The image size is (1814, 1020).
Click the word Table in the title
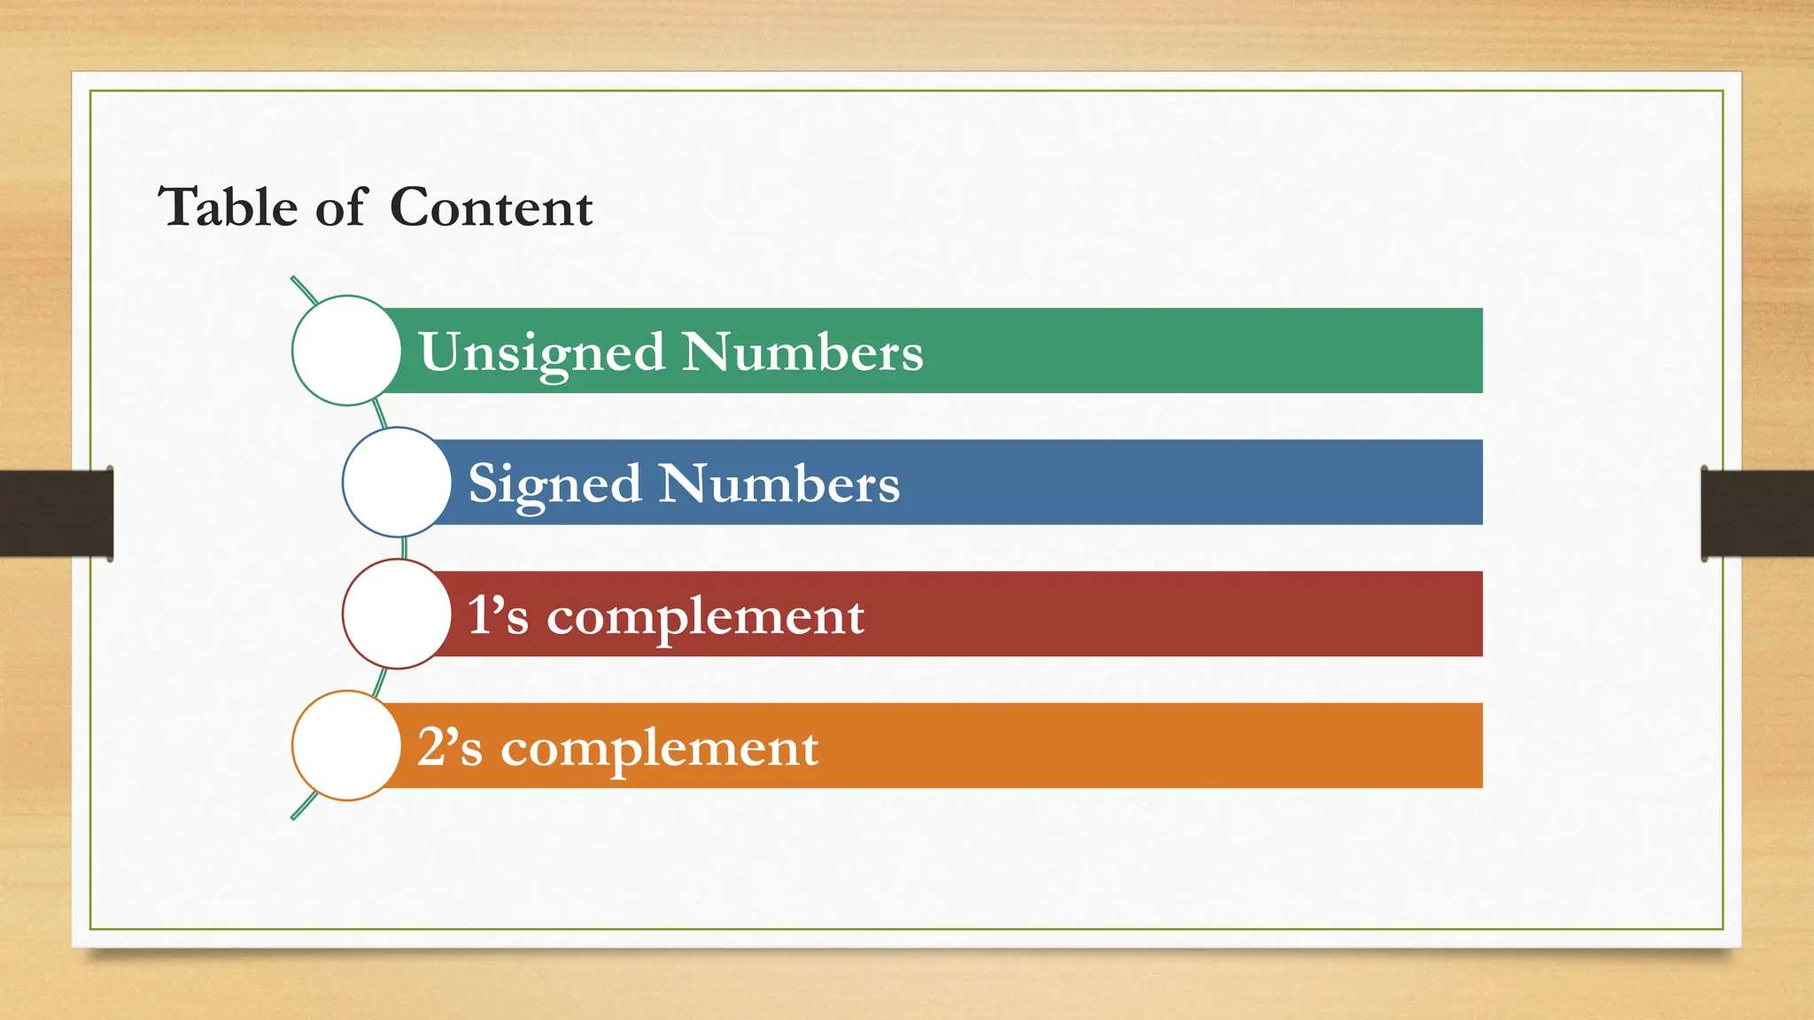click(x=228, y=207)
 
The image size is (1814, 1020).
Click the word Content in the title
click(x=491, y=207)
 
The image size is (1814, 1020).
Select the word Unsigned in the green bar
click(x=541, y=352)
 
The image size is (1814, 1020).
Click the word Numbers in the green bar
click(x=802, y=352)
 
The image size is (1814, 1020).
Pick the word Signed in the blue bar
click(x=554, y=484)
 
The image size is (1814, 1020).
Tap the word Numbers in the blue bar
click(x=779, y=483)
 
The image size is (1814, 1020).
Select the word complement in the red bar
click(x=705, y=616)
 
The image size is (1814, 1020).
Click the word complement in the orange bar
click(x=660, y=748)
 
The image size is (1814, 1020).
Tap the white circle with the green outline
click(x=346, y=351)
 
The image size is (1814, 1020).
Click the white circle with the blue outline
click(x=397, y=483)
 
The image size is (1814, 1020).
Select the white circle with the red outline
click(x=397, y=614)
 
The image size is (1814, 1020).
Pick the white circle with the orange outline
click(x=346, y=746)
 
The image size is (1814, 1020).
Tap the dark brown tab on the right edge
click(x=1757, y=514)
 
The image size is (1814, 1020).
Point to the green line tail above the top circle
click(x=304, y=290)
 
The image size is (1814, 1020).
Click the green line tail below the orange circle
click(x=304, y=806)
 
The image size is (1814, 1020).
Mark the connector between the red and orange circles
click(x=381, y=682)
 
